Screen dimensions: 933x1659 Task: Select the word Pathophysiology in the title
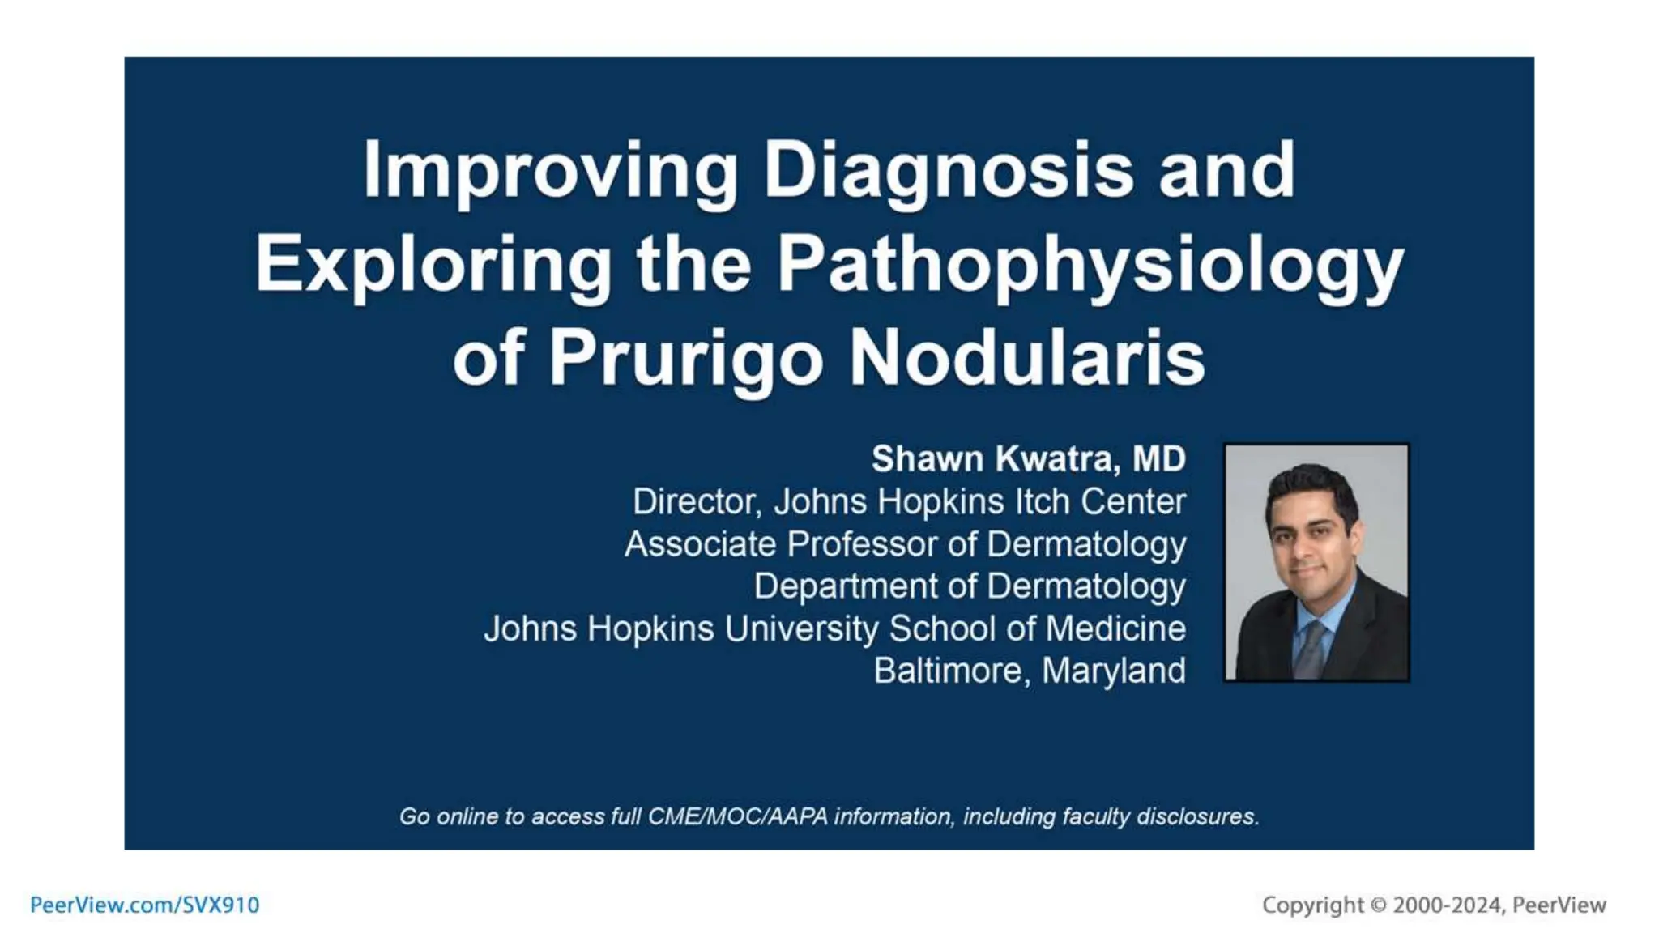(1090, 266)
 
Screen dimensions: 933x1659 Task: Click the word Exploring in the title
(433, 266)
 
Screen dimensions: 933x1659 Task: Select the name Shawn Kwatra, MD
(1028, 459)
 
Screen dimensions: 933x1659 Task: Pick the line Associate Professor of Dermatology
(905, 544)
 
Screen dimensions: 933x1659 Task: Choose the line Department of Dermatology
(969, 586)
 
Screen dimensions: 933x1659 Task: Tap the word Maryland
(1114, 671)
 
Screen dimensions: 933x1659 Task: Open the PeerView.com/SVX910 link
(145, 905)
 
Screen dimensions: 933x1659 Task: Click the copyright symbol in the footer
(1378, 905)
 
